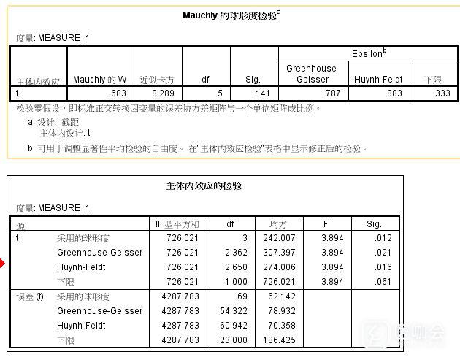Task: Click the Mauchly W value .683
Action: coord(118,93)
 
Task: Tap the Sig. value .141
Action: coord(261,93)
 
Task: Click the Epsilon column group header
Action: coord(369,54)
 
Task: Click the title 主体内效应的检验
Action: coord(204,186)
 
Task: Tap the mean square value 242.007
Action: coord(280,238)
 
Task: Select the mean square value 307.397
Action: coord(280,253)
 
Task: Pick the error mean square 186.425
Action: coord(280,341)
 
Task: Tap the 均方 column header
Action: coord(277,223)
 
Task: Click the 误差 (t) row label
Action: coord(30,297)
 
